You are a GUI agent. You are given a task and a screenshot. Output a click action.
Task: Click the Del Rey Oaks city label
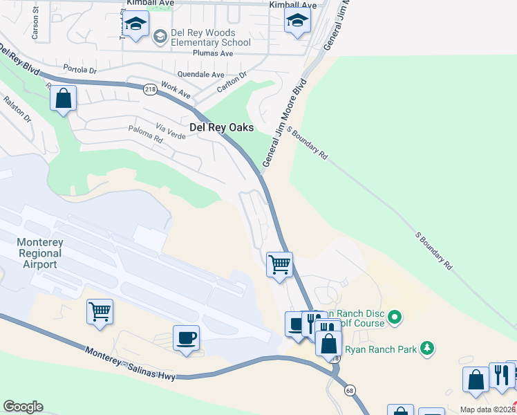(x=221, y=128)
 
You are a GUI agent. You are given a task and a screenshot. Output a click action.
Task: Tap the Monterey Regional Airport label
(x=39, y=253)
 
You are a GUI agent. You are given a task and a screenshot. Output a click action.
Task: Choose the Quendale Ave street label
(x=201, y=75)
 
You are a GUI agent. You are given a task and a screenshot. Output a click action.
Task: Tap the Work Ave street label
(x=175, y=89)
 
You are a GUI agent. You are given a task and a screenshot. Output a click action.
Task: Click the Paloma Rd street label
(x=145, y=133)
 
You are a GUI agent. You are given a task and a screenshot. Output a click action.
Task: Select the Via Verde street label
(x=171, y=129)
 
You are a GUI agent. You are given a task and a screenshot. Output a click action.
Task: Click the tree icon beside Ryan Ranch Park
(x=428, y=349)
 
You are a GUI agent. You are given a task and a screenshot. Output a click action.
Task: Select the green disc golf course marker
(x=395, y=318)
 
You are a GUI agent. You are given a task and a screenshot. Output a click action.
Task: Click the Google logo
(x=23, y=407)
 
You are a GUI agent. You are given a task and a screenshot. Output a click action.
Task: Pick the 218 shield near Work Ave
(x=151, y=89)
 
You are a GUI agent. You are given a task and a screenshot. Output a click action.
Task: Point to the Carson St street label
(x=35, y=28)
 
